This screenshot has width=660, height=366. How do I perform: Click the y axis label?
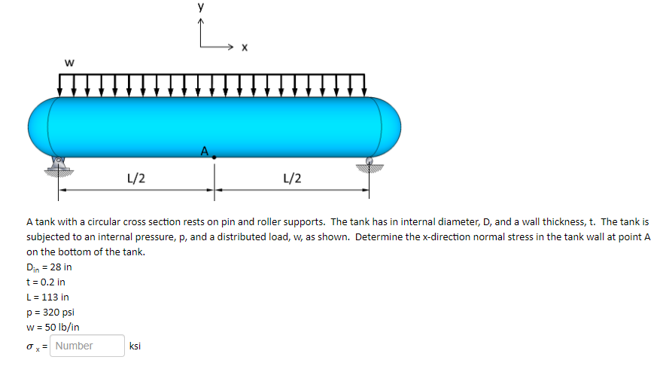tap(201, 7)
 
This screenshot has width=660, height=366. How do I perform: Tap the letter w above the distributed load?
tap(68, 63)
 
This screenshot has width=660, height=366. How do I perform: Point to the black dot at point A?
tap(214, 157)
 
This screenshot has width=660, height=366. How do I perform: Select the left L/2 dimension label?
tap(136, 178)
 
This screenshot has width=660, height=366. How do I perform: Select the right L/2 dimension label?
tap(292, 178)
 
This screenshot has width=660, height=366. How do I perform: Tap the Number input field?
tap(87, 346)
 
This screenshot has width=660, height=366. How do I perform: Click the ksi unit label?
tap(135, 346)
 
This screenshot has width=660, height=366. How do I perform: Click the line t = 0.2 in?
tap(45, 282)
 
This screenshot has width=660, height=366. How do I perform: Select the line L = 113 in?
tap(47, 297)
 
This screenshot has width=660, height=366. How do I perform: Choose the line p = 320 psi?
tap(50, 313)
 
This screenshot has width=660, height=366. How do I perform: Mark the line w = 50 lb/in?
tap(53, 328)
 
